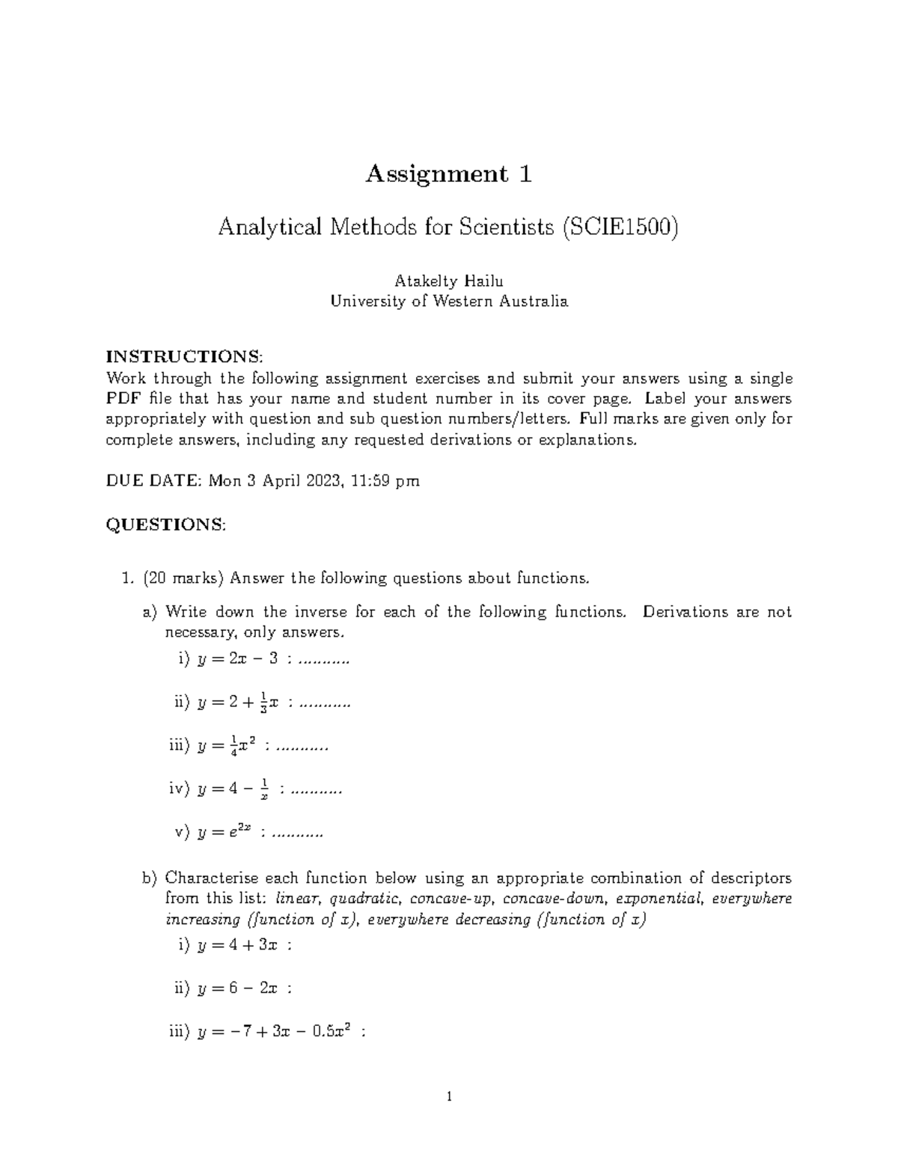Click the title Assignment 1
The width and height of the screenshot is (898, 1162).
click(448, 174)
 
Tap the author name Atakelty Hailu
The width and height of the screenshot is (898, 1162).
click(448, 281)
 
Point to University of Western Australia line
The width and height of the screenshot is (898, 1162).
click(448, 302)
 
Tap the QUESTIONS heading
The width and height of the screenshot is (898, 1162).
click(165, 525)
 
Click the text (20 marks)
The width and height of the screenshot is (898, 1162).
click(182, 578)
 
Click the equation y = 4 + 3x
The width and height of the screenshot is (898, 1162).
click(237, 945)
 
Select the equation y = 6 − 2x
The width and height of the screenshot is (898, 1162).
click(237, 988)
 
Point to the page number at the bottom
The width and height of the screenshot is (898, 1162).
click(448, 1098)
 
